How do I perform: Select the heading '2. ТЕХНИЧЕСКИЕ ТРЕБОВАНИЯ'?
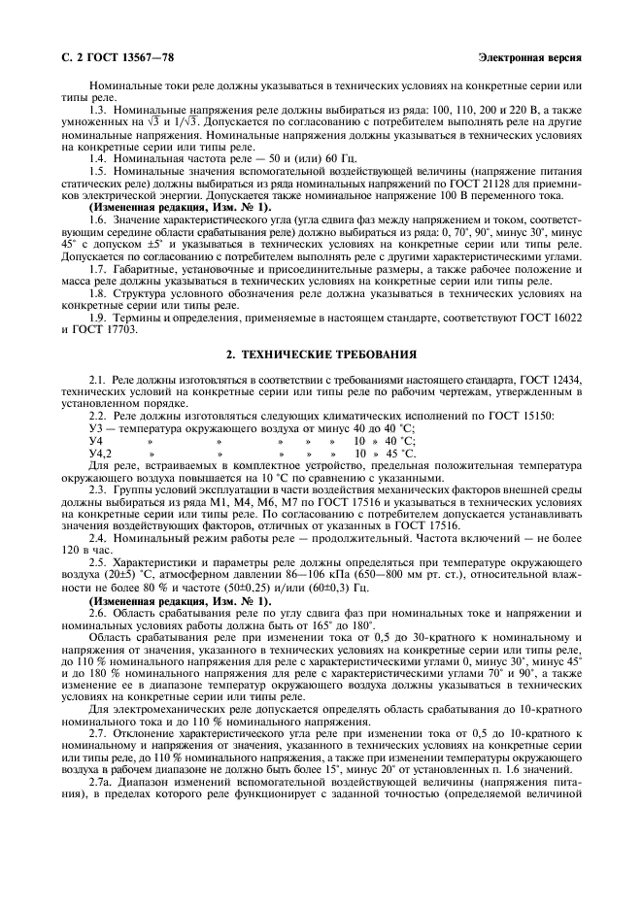pyautogui.click(x=321, y=354)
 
